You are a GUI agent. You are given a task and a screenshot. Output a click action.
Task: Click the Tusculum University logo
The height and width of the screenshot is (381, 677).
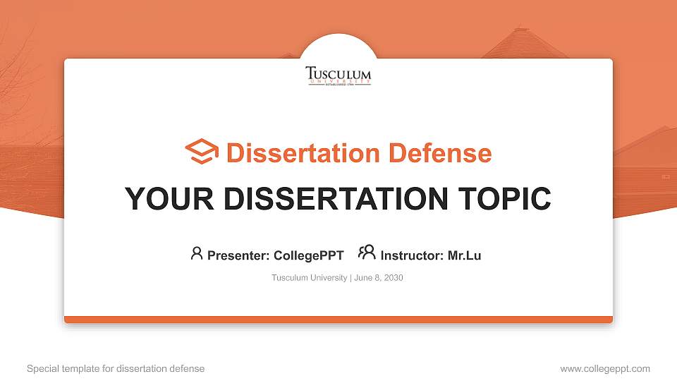coord(338,75)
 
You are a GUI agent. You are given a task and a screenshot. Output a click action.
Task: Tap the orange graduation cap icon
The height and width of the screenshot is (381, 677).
coord(202,152)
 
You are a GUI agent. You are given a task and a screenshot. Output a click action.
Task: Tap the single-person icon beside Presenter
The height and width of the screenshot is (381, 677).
coord(197,253)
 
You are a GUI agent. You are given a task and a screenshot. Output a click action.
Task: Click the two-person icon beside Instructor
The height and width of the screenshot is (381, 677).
coord(367,253)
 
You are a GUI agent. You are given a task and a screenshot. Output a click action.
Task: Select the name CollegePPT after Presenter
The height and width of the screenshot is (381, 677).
coord(308,255)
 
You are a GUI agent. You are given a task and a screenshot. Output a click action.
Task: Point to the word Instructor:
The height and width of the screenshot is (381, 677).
coord(412,255)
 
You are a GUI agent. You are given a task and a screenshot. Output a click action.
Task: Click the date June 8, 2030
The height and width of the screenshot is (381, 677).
coord(379,278)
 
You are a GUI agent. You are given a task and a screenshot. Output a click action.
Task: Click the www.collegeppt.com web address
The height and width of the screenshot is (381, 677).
coord(605,368)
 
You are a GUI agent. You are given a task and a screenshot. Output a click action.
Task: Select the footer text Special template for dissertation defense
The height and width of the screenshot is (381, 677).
coord(116,368)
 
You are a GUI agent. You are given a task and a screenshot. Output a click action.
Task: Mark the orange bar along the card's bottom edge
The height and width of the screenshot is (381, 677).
coord(338,320)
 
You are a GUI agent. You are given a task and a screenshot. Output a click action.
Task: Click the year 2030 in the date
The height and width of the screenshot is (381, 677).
coord(393,278)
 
